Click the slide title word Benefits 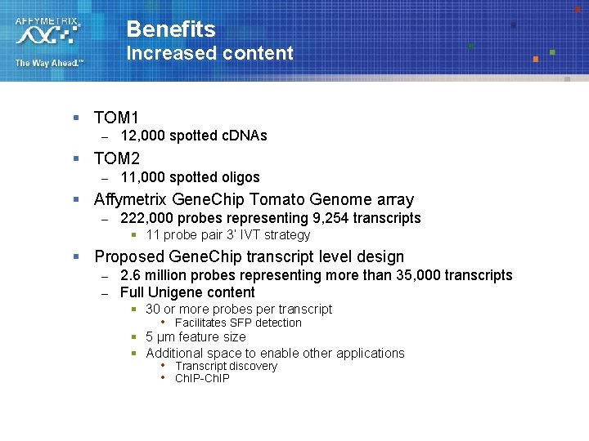(x=171, y=29)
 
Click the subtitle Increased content (x=209, y=54)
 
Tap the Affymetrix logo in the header (x=48, y=31)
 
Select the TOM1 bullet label (x=116, y=118)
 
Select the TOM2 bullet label (x=116, y=158)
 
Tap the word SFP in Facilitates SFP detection (x=242, y=323)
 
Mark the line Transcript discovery (x=226, y=366)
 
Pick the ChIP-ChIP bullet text (x=202, y=378)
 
